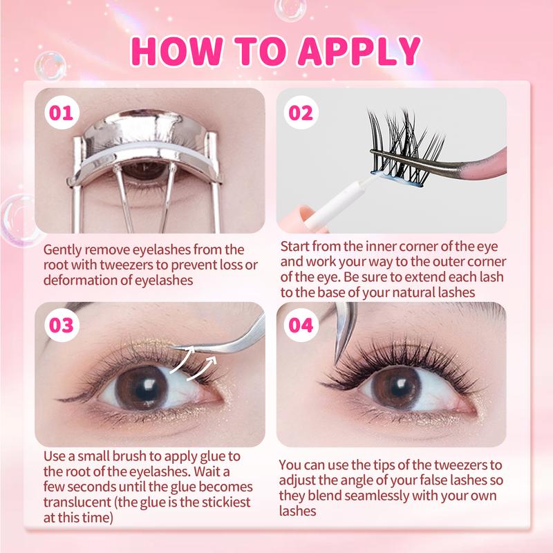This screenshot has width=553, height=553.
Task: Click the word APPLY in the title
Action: click(x=359, y=51)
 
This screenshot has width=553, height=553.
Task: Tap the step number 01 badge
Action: click(x=62, y=113)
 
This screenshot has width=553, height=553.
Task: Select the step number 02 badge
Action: click(x=301, y=113)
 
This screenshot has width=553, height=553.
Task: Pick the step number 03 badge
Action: click(x=62, y=325)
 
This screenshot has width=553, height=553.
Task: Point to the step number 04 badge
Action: click(x=301, y=325)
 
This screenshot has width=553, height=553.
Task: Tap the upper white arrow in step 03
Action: click(x=182, y=359)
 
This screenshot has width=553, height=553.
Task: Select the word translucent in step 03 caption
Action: click(x=77, y=503)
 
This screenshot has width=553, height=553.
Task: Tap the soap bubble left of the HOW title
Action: click(x=50, y=66)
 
